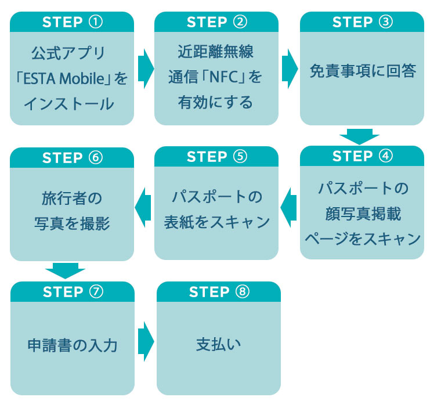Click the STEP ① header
(72, 22)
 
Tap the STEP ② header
(216, 22)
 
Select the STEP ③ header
(362, 22)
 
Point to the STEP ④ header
(362, 157)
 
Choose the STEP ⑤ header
(216, 157)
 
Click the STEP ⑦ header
(72, 292)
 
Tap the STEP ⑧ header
(218, 292)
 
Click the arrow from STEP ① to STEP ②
(145, 68)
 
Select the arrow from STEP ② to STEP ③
(289, 68)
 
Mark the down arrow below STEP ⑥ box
(65, 270)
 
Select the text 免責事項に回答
(362, 71)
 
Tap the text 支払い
(218, 344)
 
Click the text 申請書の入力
(73, 345)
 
